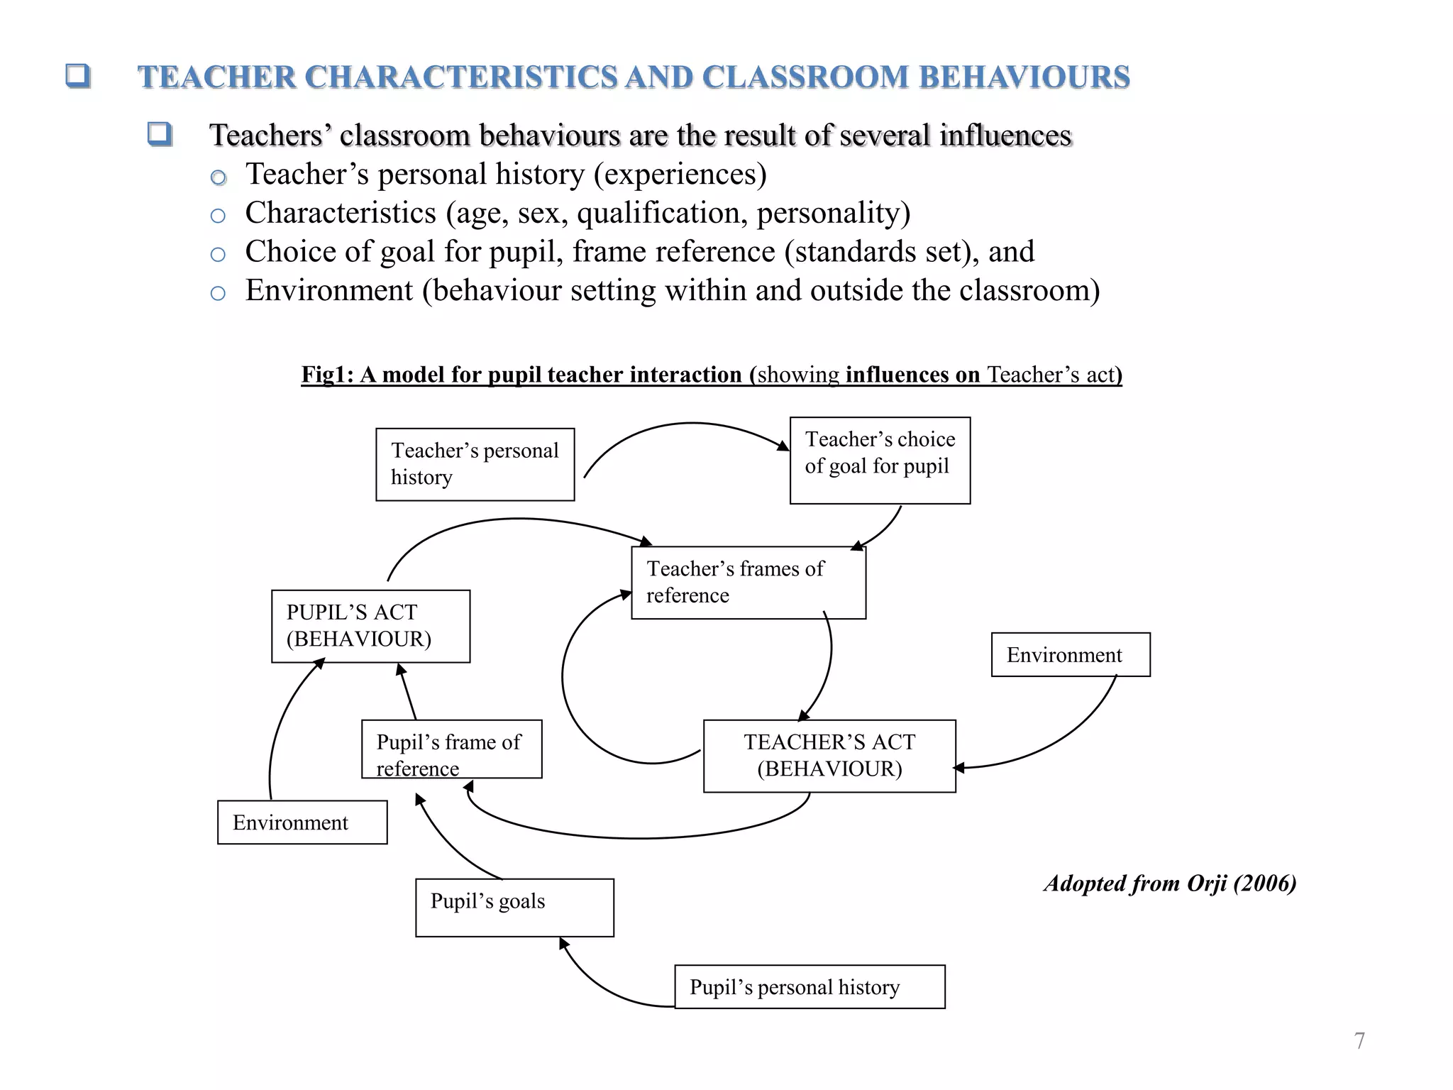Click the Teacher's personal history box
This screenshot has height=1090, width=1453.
click(475, 464)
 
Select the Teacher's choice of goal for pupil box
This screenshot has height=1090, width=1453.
click(880, 460)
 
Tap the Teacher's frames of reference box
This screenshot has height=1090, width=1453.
click(748, 582)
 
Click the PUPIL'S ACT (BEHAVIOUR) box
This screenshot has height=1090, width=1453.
click(370, 626)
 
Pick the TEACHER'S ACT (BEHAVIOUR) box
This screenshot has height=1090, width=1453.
click(829, 756)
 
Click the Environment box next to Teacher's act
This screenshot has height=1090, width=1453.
click(1070, 654)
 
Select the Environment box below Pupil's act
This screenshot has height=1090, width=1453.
click(302, 822)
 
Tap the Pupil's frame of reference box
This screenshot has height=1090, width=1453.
click(451, 749)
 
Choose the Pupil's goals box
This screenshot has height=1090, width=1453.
click(514, 908)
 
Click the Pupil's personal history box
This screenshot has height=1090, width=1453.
click(809, 986)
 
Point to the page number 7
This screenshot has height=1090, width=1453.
click(1359, 1040)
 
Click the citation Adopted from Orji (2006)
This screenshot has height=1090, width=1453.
click(1170, 883)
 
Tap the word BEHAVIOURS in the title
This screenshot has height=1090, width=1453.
click(1024, 77)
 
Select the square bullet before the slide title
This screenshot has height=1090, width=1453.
click(77, 75)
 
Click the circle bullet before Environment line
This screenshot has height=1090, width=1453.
click(218, 293)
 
